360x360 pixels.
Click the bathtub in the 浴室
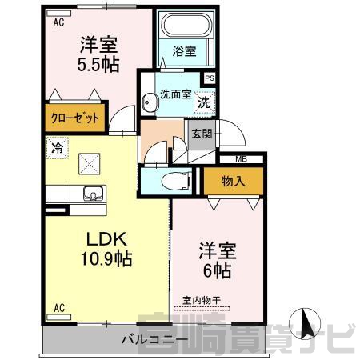186,24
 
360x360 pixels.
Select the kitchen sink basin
93,193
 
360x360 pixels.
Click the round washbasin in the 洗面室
150,102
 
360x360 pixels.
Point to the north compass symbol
305,324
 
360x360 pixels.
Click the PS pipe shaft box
210,78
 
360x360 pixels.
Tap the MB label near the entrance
241,159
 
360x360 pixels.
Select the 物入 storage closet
234,182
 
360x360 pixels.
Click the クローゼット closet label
75,118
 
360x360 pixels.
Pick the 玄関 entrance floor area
202,134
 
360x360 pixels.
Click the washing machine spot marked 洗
204,102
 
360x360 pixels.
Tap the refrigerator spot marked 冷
57,148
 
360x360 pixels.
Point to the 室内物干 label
202,301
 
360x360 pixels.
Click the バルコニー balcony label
154,340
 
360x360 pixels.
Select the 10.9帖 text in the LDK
106,258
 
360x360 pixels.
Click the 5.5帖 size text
98,65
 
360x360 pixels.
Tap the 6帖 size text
218,270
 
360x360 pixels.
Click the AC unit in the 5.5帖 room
58,14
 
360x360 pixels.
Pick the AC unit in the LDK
58,317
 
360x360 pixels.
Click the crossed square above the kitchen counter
90,164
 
